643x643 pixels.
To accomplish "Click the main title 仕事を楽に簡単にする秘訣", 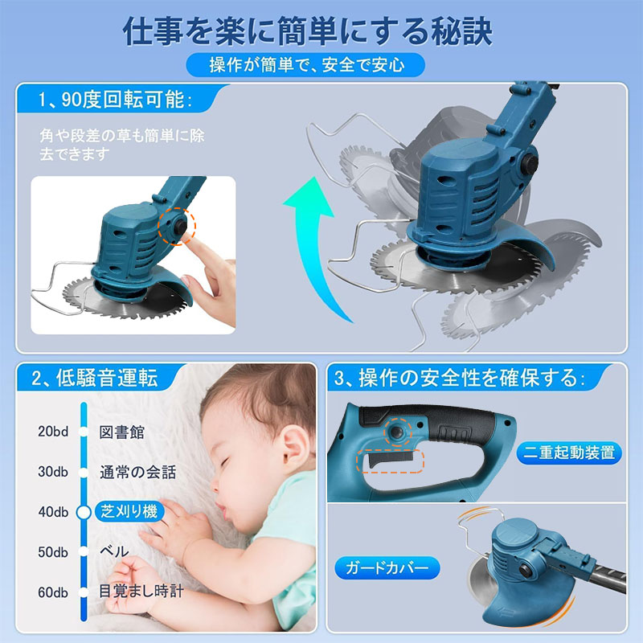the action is (308, 31).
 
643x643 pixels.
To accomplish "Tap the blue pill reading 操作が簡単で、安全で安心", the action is (305, 65).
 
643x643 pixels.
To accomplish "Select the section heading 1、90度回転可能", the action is (115, 99).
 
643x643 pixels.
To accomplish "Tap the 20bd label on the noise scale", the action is (53, 432).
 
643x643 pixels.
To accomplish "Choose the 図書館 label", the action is (122, 432).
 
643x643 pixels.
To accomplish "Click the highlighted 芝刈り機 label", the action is (129, 511).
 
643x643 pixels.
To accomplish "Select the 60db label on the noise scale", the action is (53, 592).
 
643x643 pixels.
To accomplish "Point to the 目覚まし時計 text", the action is (141, 591).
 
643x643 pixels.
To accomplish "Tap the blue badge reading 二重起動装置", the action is (569, 453).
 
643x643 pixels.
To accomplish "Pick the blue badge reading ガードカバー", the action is (387, 568).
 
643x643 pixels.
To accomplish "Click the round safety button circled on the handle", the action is (396, 432).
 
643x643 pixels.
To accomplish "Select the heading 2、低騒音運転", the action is (95, 378).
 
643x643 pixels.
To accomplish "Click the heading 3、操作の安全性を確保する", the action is (460, 378).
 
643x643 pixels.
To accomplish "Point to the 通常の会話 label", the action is (137, 472).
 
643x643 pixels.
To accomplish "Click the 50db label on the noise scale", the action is (53, 552).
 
